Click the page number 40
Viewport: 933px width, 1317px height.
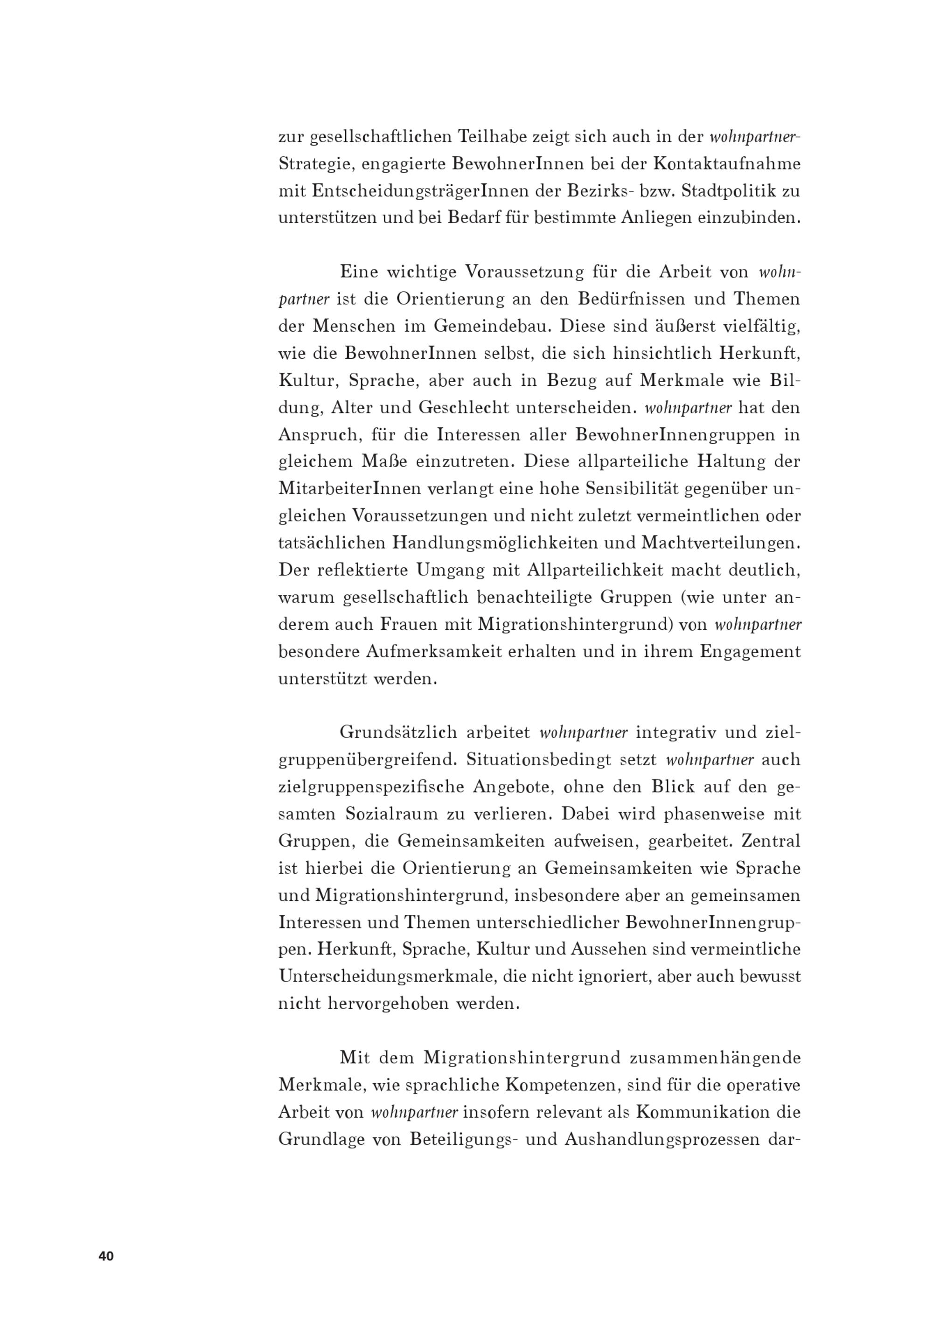106,1255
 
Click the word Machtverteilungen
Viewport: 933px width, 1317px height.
720,543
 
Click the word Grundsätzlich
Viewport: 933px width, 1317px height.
397,732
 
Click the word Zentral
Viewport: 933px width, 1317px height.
770,841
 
